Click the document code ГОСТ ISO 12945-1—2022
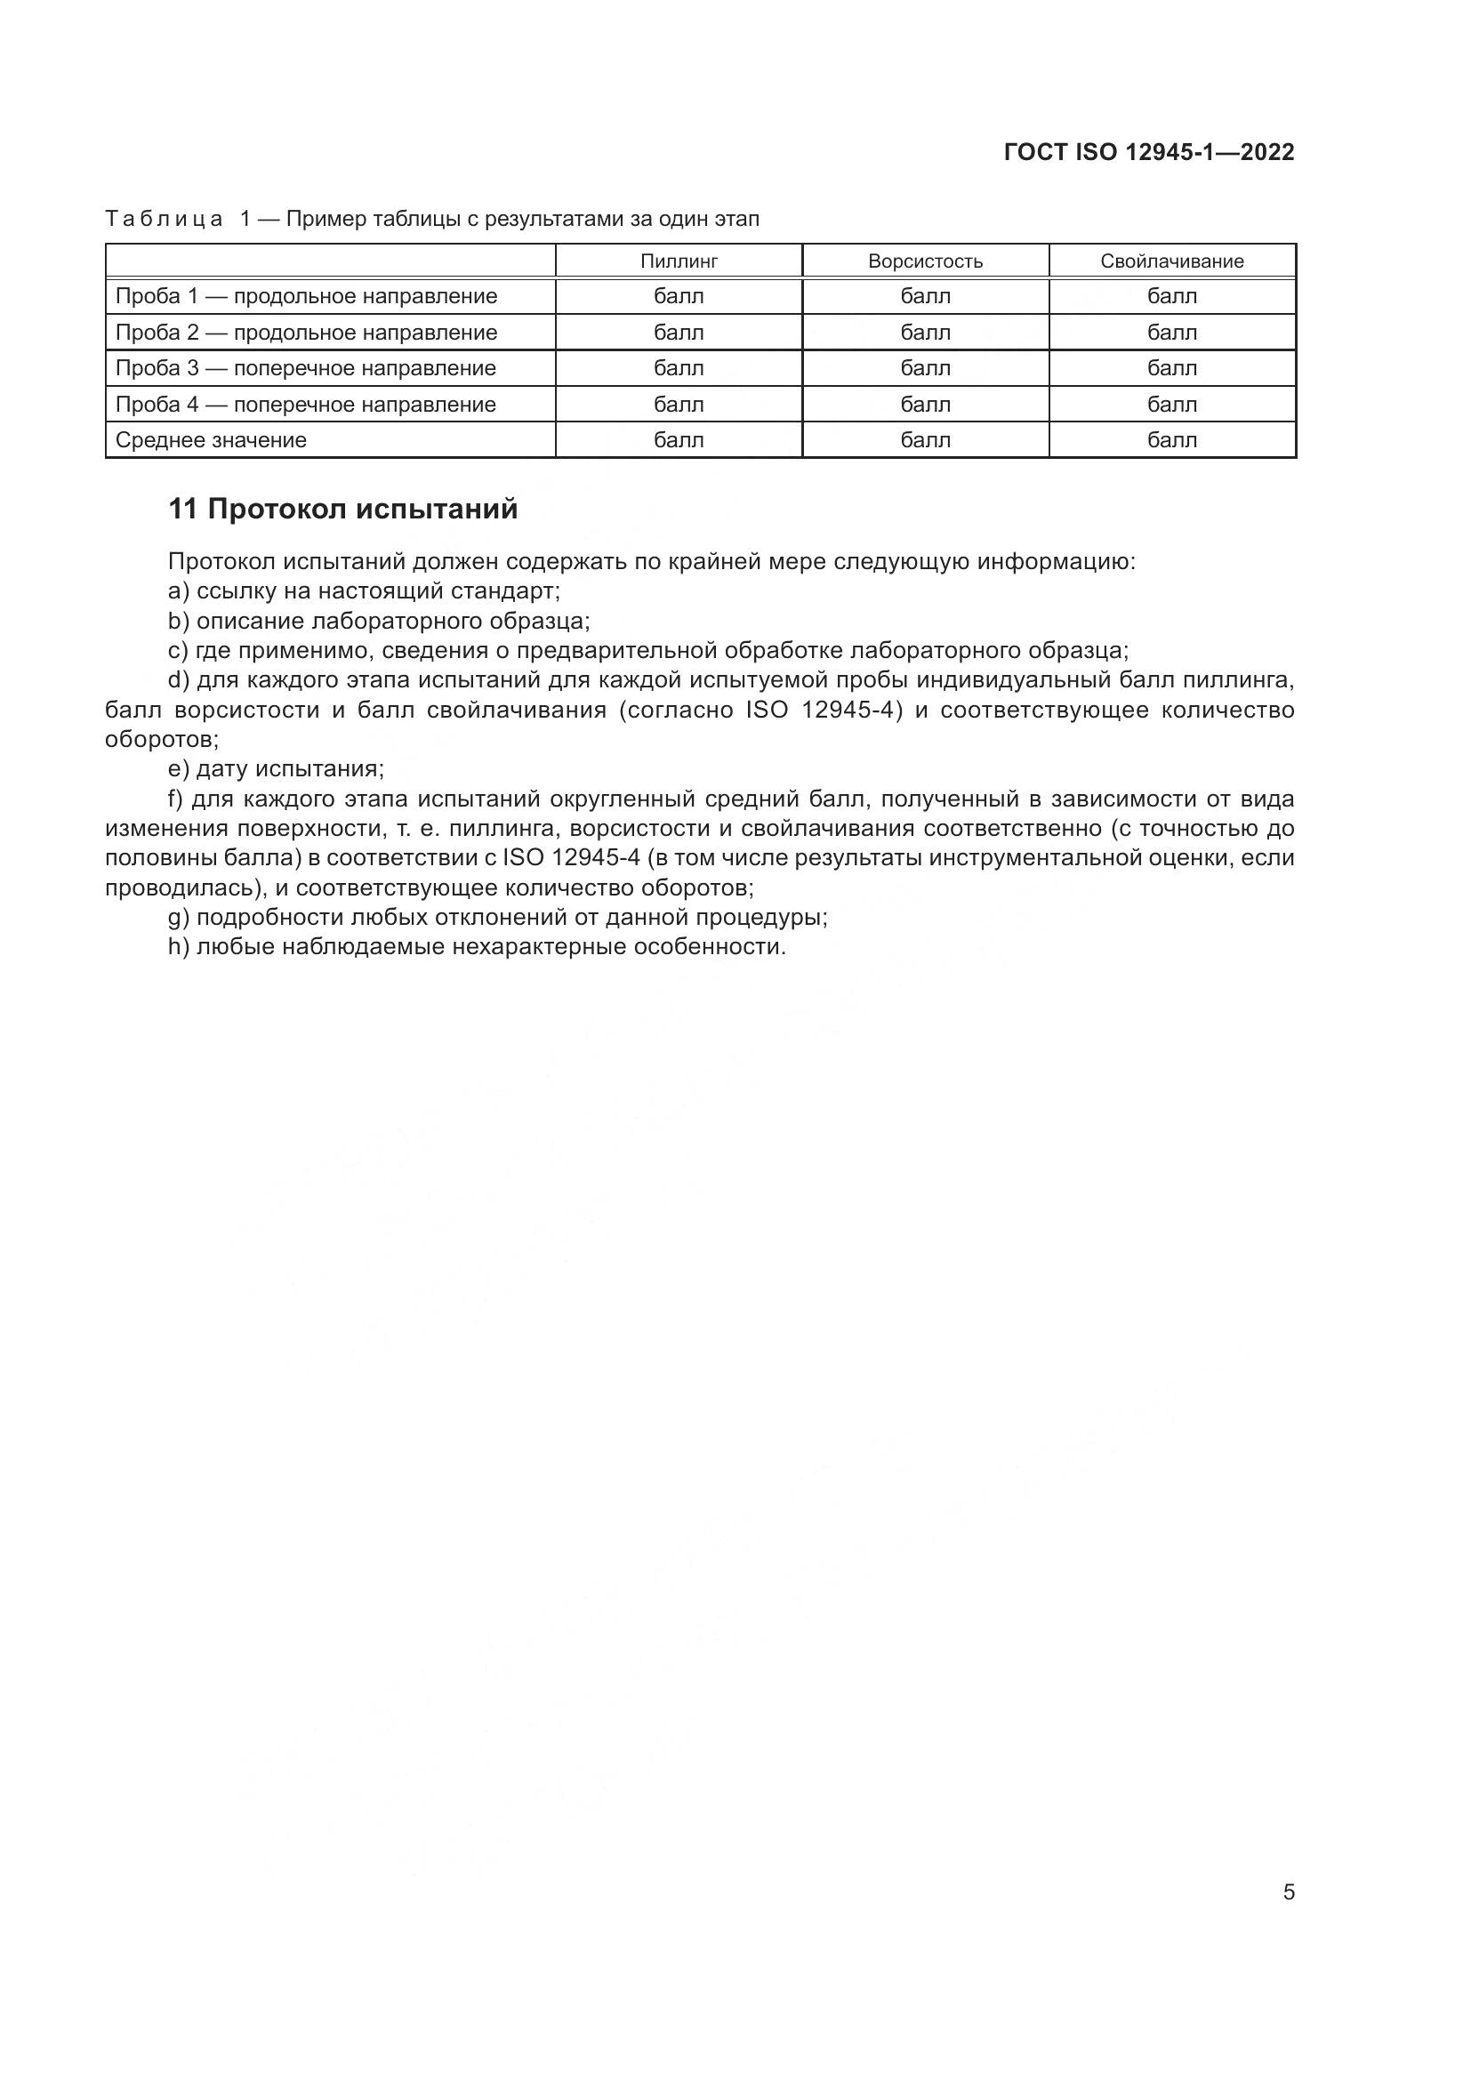tap(1148, 152)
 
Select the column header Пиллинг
tap(679, 261)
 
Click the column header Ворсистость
tap(925, 261)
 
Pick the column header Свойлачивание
tap(1171, 261)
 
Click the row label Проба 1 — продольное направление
tap(306, 296)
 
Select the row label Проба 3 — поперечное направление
tap(305, 368)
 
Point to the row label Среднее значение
tap(211, 440)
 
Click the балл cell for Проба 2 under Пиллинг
tap(679, 333)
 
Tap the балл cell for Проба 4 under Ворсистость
tap(925, 404)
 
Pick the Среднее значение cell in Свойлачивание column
tap(1171, 440)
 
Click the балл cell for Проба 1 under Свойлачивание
tap(1171, 296)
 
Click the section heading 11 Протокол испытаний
tap(343, 510)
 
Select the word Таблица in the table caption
tap(164, 220)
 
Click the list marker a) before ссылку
tap(178, 591)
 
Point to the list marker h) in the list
tap(178, 947)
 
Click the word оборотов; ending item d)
tap(162, 739)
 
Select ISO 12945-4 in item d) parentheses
tap(824, 710)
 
